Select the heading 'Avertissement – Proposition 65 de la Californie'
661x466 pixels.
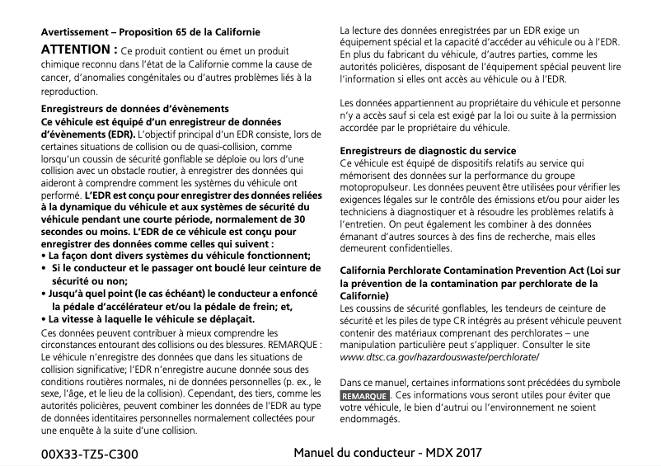pyautogui.click(x=151, y=32)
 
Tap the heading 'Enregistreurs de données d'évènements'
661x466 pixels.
pyautogui.click(x=135, y=109)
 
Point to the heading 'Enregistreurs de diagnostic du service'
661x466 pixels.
pyautogui.click(x=429, y=152)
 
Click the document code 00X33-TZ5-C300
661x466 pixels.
pyautogui.click(x=90, y=454)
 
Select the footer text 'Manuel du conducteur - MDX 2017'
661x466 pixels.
pyautogui.click(x=387, y=453)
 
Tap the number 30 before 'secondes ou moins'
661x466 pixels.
pyautogui.click(x=300, y=220)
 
